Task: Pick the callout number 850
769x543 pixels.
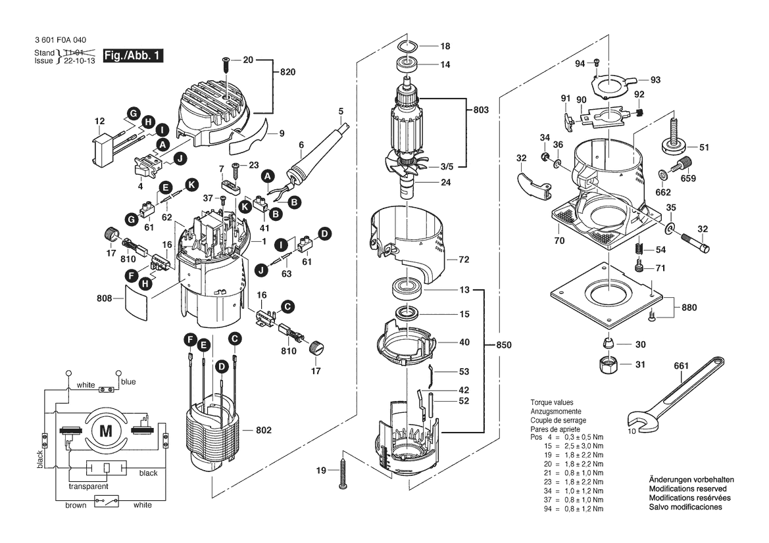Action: coord(503,344)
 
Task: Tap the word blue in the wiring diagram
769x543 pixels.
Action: coord(128,381)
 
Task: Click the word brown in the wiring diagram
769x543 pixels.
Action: coord(76,505)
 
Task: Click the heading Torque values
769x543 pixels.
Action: coord(552,402)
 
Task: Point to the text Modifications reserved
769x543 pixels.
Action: coord(687,489)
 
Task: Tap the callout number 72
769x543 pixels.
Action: coord(464,260)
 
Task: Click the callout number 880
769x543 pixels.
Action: coord(689,306)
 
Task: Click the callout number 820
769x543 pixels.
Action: coord(287,73)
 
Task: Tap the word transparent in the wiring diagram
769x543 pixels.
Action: coord(89,486)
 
